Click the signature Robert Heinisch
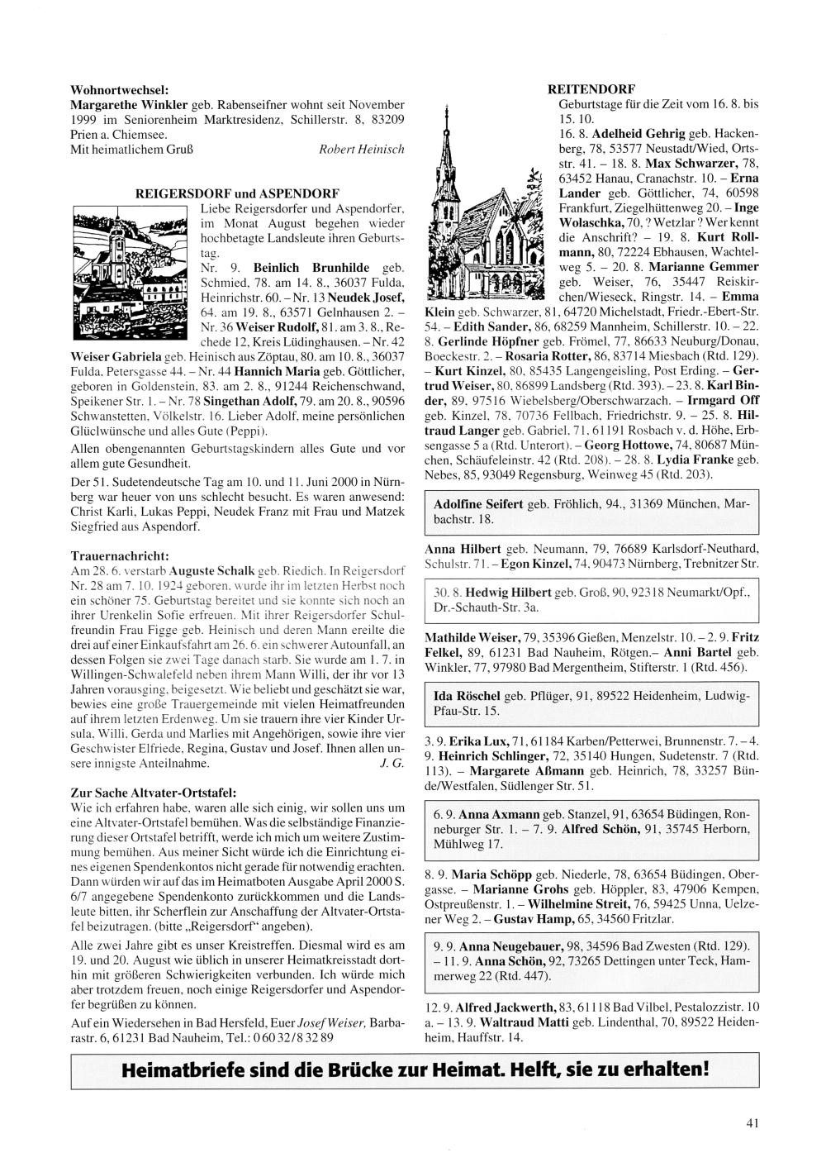click(361, 150)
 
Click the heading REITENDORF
click(591, 88)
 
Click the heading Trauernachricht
click(121, 556)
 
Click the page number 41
click(751, 1122)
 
